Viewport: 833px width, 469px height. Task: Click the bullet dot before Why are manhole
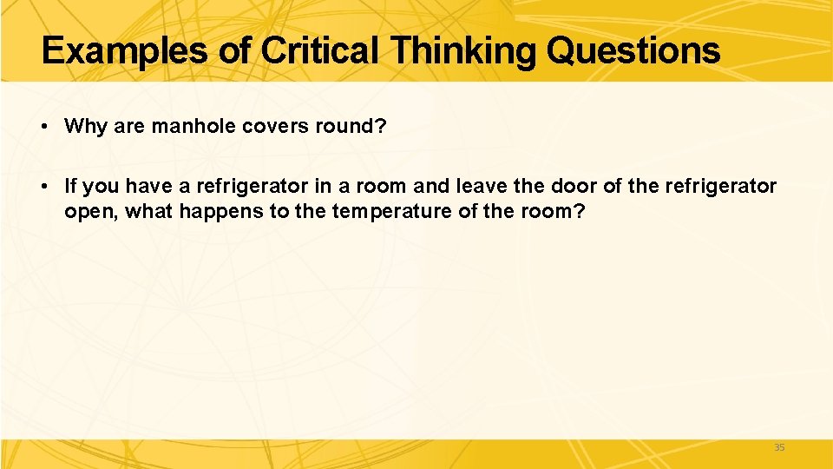click(x=43, y=127)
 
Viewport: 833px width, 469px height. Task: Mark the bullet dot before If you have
click(x=43, y=187)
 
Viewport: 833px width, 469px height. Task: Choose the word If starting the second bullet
click(x=70, y=187)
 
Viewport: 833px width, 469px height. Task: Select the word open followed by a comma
click(x=90, y=211)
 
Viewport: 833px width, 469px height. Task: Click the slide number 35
click(x=778, y=448)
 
